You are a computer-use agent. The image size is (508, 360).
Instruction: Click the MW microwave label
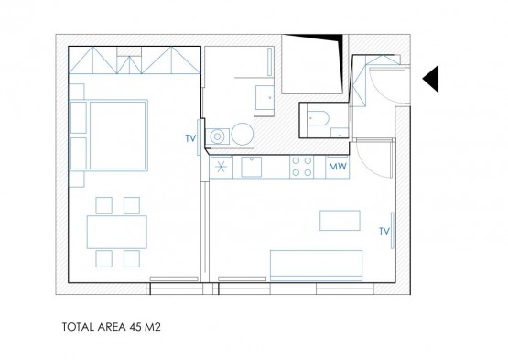click(x=338, y=167)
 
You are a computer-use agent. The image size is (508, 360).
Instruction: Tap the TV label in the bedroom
click(x=190, y=138)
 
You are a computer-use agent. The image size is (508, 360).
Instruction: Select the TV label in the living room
click(x=384, y=231)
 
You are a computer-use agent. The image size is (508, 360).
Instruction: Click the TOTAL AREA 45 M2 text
click(x=111, y=327)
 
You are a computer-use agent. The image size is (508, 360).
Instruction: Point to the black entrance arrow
click(x=430, y=79)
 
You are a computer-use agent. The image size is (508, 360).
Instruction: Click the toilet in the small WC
click(x=318, y=118)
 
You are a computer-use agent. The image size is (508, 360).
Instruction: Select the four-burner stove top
click(x=302, y=167)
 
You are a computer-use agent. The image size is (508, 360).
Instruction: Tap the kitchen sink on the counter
click(x=252, y=167)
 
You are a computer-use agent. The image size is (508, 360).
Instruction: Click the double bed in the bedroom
click(x=118, y=136)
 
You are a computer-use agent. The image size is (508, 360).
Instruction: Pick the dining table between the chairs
click(x=117, y=233)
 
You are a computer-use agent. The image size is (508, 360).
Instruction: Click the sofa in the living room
click(x=316, y=266)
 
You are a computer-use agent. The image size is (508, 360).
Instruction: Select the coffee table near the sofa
click(x=340, y=221)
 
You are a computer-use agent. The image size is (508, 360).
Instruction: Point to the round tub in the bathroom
click(x=243, y=134)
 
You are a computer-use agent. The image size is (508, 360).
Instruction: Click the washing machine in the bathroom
click(x=218, y=136)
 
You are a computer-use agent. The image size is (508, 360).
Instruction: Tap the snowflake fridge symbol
click(x=221, y=167)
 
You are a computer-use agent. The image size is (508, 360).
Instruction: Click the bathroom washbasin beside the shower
click(x=265, y=97)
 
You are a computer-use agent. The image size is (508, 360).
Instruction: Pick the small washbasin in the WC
click(x=340, y=133)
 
